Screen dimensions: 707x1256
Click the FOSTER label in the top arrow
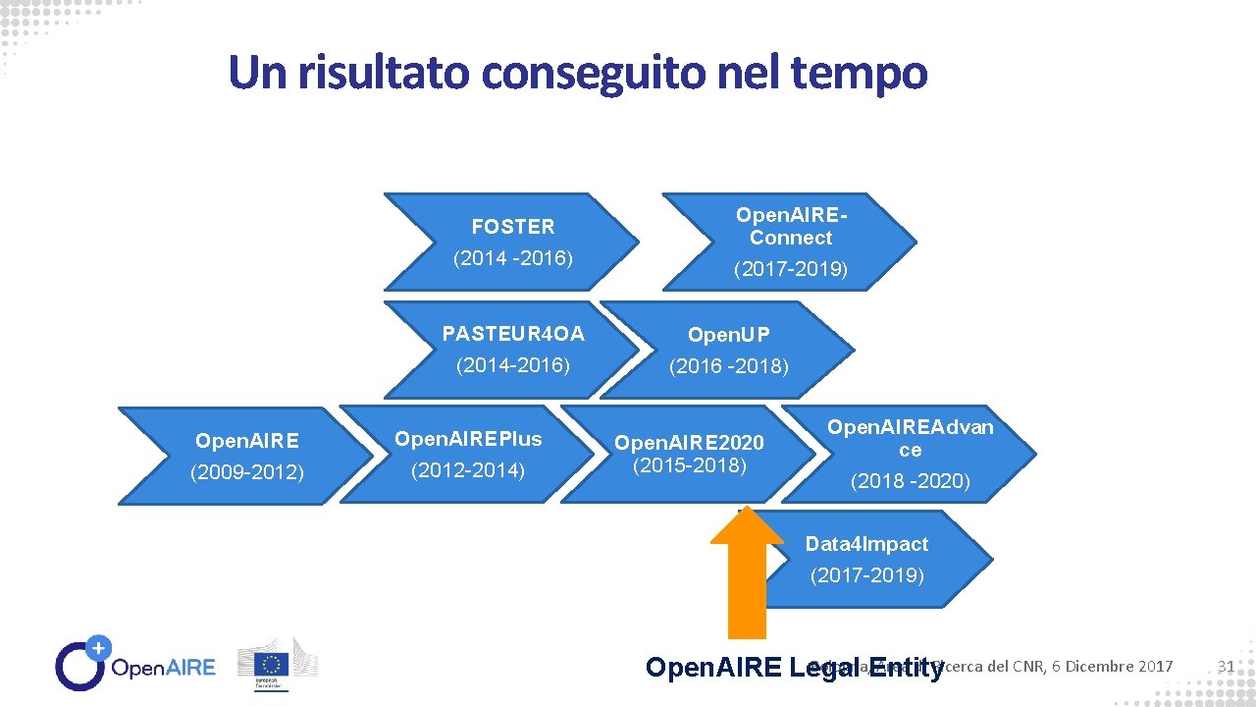(x=512, y=227)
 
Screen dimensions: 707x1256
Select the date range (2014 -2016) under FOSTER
(x=512, y=259)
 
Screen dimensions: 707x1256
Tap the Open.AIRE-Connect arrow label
(x=791, y=227)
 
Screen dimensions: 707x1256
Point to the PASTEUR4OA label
(x=513, y=334)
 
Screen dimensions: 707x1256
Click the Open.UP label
(x=728, y=335)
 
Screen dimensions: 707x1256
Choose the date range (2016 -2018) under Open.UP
(x=728, y=367)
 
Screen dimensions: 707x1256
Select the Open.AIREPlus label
(x=467, y=438)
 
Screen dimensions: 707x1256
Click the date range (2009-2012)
(x=247, y=473)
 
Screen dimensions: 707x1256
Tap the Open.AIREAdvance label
(x=910, y=438)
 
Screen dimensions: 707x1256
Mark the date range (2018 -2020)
(x=910, y=481)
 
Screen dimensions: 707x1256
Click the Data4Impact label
(x=866, y=544)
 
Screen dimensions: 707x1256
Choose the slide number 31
(x=1225, y=667)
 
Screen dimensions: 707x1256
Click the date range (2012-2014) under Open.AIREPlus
(x=467, y=471)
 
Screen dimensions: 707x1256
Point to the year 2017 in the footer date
(x=1155, y=667)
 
